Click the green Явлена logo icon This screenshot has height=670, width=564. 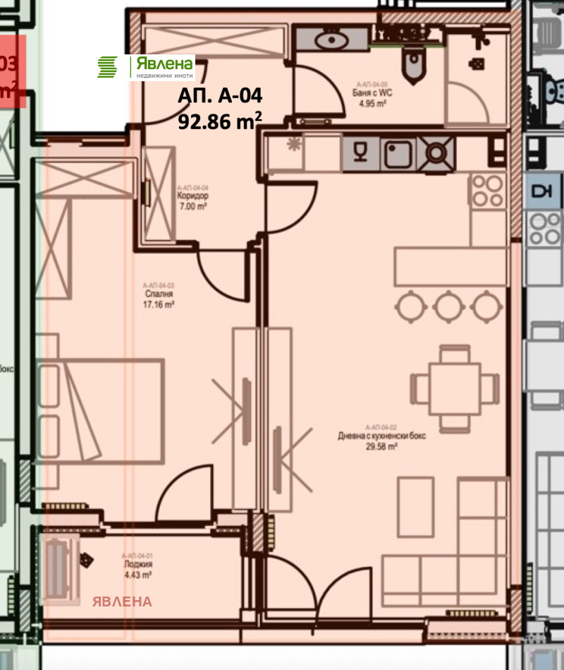(107, 67)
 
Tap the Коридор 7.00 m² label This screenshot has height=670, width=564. (192, 201)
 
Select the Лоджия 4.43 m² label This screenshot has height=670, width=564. (137, 569)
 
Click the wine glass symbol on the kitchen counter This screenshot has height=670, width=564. (360, 153)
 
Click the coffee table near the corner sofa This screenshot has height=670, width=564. (415, 506)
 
